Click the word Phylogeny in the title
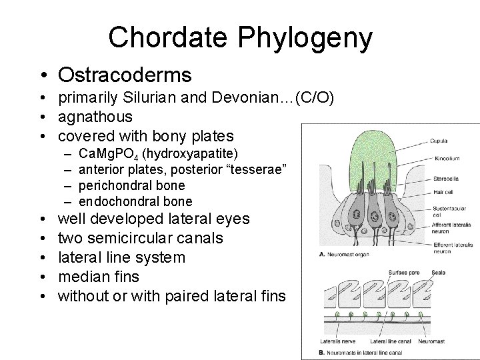point(306,38)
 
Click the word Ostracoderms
point(125,75)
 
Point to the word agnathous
point(95,117)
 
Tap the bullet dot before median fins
point(43,277)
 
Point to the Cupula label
point(439,141)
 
